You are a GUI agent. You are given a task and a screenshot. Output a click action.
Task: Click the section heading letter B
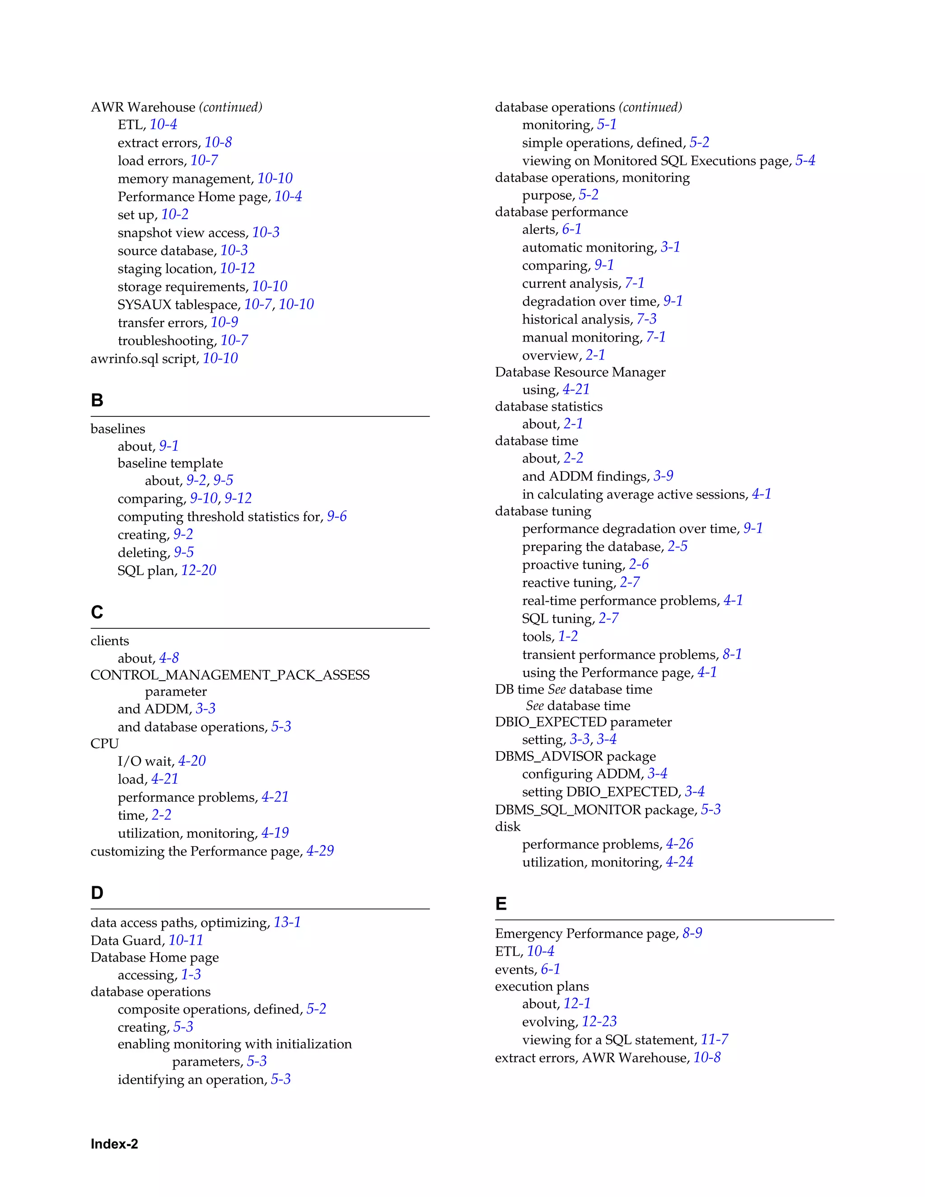pos(97,401)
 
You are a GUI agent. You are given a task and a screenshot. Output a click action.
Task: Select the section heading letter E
pos(501,904)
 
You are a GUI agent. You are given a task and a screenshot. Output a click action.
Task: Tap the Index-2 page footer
pos(114,1144)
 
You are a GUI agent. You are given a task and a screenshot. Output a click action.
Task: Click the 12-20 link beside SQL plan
pos(198,570)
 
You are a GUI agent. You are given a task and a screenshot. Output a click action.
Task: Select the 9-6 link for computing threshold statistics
pos(336,516)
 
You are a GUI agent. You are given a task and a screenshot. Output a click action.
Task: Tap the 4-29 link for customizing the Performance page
pos(320,851)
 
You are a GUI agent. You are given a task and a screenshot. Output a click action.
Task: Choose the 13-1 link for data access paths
pos(287,922)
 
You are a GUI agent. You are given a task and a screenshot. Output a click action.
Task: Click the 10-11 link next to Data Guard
pos(186,940)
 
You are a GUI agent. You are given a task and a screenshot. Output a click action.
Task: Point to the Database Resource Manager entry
pos(580,372)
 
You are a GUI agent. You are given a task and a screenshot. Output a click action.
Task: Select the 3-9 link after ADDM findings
pos(663,476)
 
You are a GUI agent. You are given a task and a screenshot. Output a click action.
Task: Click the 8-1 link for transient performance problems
pos(732,655)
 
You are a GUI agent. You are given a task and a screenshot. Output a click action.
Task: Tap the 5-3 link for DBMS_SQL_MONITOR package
pos(711,809)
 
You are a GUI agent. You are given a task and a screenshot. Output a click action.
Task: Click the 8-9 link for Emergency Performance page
pos(692,933)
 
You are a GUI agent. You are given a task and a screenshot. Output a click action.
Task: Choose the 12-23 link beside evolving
pos(599,1022)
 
